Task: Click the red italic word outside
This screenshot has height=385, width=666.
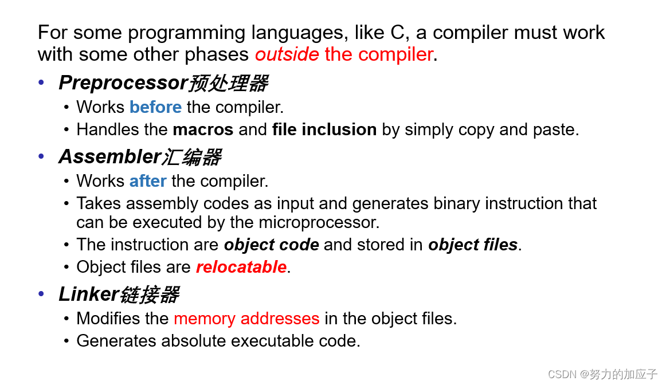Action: pos(287,54)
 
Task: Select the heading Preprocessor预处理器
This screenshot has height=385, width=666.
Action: pos(163,83)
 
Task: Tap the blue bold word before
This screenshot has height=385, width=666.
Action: pos(155,107)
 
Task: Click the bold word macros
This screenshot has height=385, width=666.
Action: pos(203,129)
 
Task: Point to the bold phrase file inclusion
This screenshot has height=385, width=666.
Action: pos(324,129)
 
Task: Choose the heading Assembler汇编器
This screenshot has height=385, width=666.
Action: pos(140,156)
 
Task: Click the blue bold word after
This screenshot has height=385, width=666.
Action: pos(148,181)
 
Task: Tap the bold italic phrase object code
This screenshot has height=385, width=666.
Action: pos(271,245)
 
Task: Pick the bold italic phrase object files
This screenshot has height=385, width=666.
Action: pos(473,245)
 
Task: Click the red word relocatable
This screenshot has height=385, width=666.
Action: pos(241,267)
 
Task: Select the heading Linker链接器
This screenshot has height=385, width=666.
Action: pos(119,294)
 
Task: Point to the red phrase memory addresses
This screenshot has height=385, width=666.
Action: pos(246,319)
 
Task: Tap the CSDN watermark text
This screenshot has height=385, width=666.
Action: pos(602,374)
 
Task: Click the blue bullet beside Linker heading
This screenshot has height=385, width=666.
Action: pos(41,294)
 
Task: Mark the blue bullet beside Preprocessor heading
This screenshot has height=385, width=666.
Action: pos(41,82)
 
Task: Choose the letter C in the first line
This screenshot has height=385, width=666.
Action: pos(397,33)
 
